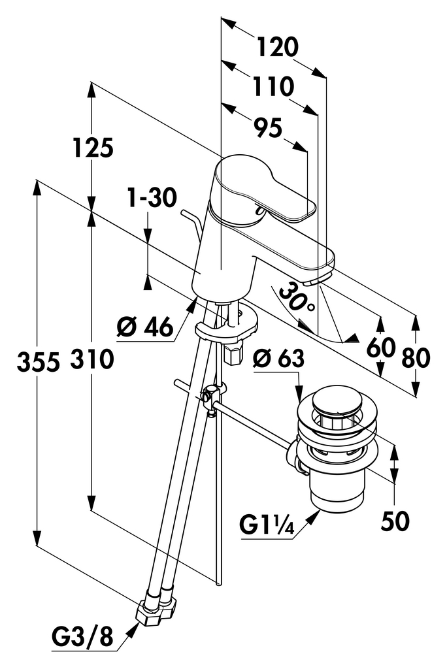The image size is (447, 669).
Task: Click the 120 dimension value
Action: tap(277, 47)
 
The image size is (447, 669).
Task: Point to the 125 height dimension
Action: tap(93, 149)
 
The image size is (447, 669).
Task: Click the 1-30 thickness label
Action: tap(152, 198)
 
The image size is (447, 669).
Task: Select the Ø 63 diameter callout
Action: tap(279, 357)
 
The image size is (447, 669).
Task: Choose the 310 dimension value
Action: tap(92, 359)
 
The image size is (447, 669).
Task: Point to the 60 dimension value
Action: tap(381, 347)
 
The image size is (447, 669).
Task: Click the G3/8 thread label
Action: tap(82, 636)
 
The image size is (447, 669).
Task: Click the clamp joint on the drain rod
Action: tap(211, 395)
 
